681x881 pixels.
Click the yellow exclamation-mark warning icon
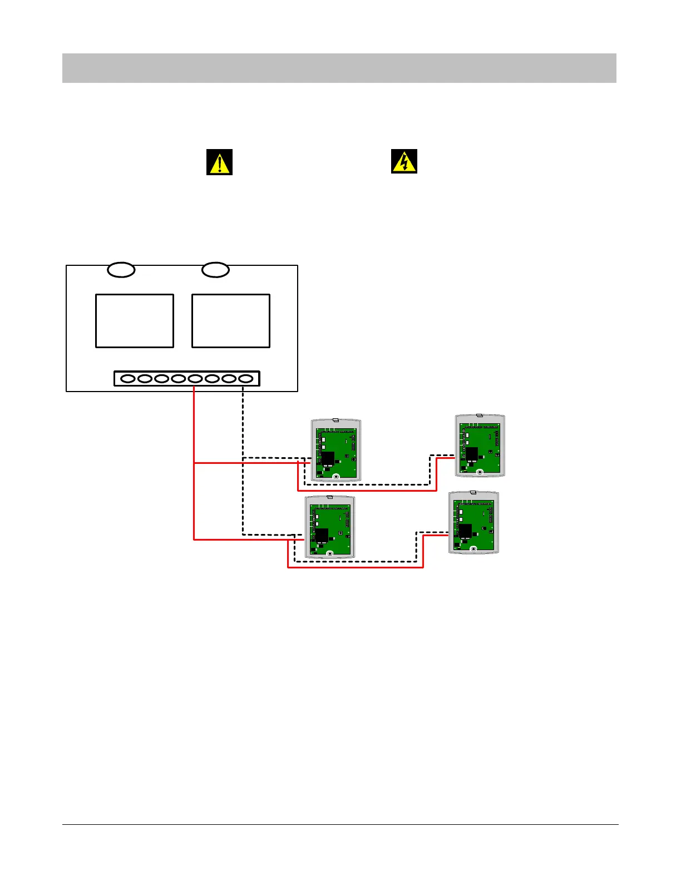tap(219, 162)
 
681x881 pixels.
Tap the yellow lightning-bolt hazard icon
tap(404, 161)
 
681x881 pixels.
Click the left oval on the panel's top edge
tap(121, 270)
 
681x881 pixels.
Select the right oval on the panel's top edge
tap(215, 270)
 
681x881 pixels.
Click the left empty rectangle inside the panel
tap(135, 321)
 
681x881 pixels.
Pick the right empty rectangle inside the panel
tap(231, 321)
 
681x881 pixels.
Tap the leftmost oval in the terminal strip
tap(128, 379)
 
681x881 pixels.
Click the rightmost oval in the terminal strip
tap(246, 379)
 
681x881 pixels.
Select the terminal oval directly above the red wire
tap(195, 379)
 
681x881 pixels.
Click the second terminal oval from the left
tap(145, 379)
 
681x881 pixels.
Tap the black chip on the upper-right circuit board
tap(472, 454)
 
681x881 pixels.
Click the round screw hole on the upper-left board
tap(336, 477)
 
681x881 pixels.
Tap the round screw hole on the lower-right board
tap(473, 549)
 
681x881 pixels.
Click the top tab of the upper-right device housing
tap(480, 415)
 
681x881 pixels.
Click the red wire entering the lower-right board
tap(436, 536)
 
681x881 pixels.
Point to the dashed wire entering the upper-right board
tap(442, 456)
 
